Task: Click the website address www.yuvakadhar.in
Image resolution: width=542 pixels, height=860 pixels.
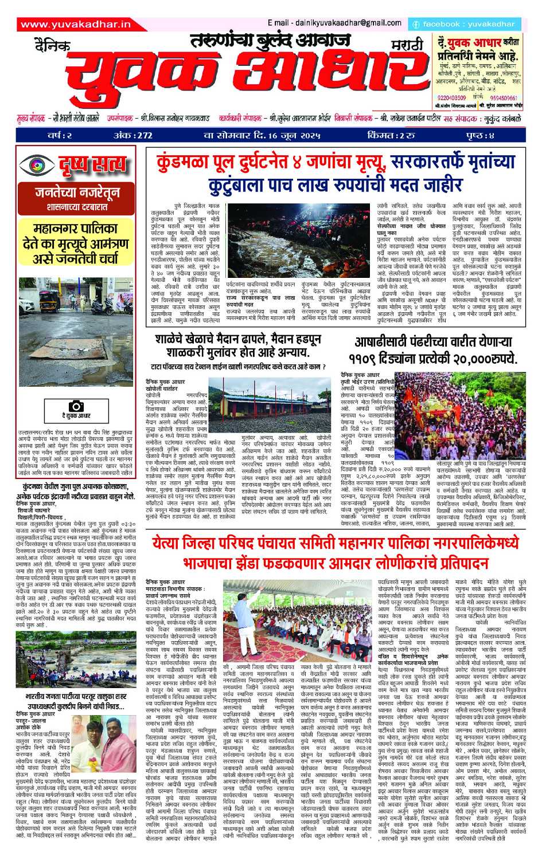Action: click(75, 24)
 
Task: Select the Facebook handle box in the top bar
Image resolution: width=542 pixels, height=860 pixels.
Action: click(464, 24)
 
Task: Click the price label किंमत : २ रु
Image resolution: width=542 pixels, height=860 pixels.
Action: click(391, 136)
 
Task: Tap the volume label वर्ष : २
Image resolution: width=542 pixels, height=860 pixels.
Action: click(60, 136)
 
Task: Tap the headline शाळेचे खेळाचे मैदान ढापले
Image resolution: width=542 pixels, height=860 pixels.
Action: click(238, 345)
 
